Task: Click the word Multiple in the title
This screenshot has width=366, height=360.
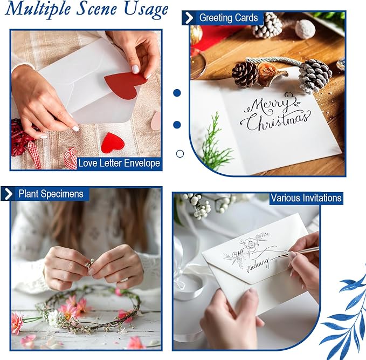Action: point(38,9)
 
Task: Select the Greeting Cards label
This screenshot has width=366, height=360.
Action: point(229,18)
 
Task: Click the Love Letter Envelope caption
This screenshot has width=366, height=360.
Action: point(119,163)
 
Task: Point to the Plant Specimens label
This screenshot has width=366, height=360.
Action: point(51,194)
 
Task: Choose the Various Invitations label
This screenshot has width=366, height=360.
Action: point(306,198)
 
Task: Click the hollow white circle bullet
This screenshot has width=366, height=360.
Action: point(179,154)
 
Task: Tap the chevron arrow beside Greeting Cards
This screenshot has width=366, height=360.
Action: point(189,18)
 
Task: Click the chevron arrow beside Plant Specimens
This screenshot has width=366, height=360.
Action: point(9,194)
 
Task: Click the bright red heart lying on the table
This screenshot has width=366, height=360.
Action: point(113,143)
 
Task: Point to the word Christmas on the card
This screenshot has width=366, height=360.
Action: point(278,120)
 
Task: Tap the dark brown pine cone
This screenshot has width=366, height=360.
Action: point(245,74)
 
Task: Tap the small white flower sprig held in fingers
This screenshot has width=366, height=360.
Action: point(89,263)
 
